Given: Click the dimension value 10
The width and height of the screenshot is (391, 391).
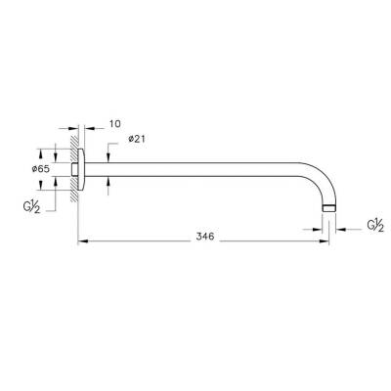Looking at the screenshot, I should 114,124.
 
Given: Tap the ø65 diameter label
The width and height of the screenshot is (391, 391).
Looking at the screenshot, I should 41,169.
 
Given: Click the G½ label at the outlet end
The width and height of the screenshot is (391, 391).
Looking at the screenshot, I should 375,226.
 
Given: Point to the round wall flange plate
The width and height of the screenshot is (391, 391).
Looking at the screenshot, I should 85,169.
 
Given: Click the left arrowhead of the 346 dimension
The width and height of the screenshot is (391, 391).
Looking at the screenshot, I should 82,239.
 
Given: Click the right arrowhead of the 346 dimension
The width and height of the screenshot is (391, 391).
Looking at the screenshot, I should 325,239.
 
